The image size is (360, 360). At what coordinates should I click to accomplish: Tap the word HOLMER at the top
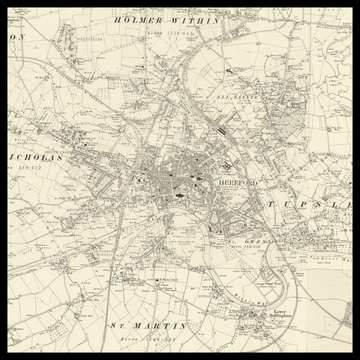(x=137, y=19)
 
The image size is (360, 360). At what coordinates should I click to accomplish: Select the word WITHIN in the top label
(x=183, y=19)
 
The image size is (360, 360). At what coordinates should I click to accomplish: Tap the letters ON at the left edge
(x=15, y=36)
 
